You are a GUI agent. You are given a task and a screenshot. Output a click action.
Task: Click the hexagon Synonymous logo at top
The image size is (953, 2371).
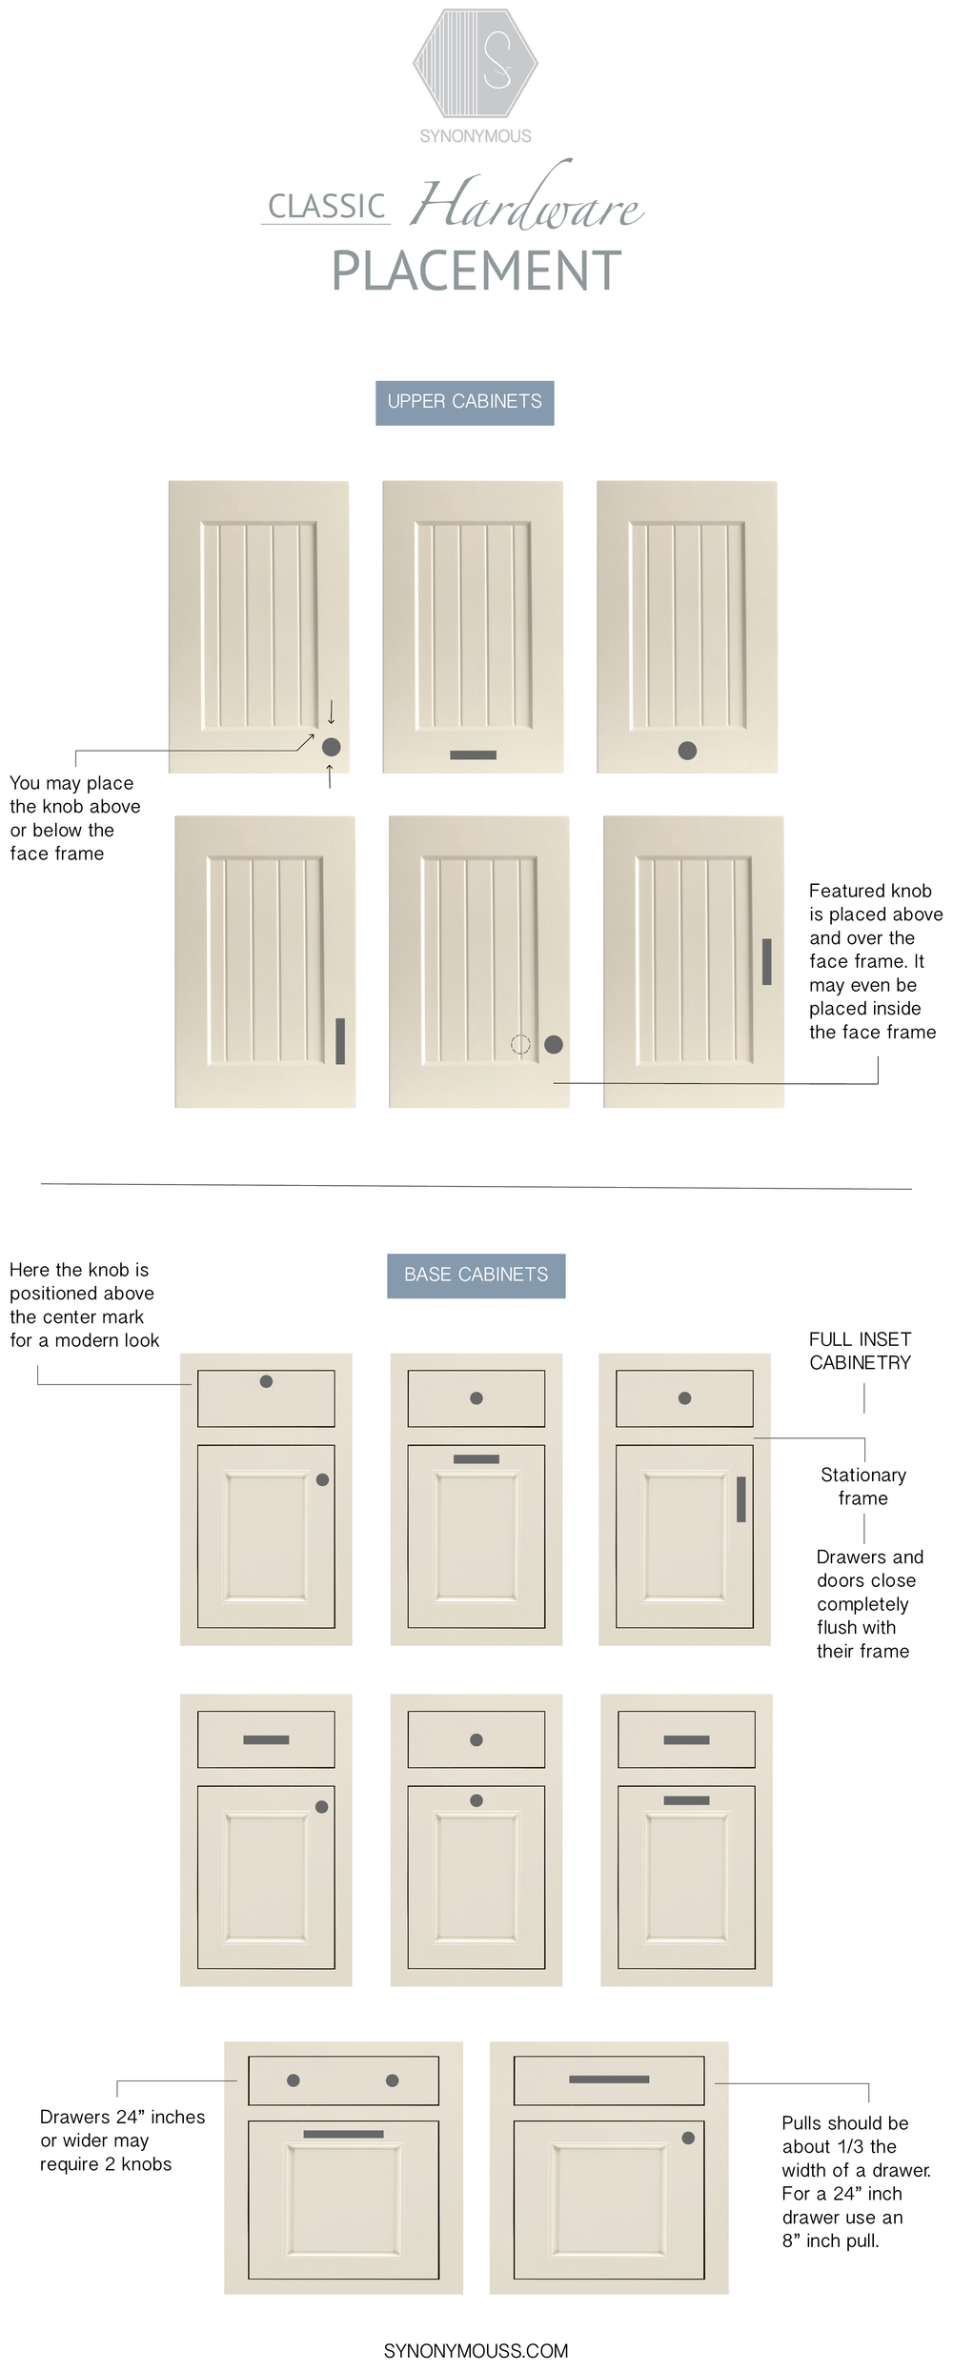[x=476, y=63]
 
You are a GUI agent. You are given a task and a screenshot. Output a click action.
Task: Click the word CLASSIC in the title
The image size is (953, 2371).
[x=327, y=207]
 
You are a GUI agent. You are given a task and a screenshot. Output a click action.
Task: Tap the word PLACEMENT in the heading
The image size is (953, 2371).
[x=476, y=271]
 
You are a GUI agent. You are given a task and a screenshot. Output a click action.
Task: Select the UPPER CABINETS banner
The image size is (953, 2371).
[x=464, y=402]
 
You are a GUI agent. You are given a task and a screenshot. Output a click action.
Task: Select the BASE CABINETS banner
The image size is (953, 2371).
[x=476, y=1275]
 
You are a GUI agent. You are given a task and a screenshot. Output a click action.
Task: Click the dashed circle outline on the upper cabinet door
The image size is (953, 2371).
[x=520, y=1044]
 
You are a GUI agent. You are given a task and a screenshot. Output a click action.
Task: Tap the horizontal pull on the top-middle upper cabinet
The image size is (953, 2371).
[x=473, y=754]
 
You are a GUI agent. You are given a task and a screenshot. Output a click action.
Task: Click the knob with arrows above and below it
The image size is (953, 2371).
[x=331, y=747]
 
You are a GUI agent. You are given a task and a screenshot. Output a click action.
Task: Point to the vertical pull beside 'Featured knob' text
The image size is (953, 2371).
[x=766, y=961]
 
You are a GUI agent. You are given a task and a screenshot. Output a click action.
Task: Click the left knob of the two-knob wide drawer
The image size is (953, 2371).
[x=294, y=2080]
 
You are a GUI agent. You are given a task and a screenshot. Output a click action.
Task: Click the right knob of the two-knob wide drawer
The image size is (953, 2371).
[x=392, y=2080]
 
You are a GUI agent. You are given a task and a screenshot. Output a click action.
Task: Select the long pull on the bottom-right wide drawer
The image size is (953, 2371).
[x=609, y=2079]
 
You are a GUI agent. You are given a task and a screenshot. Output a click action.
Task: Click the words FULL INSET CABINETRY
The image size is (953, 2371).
[x=860, y=1351]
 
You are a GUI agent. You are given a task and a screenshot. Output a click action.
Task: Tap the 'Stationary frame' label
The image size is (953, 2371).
[x=862, y=1486]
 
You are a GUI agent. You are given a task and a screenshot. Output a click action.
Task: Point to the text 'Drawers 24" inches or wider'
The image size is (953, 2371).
[x=121, y=2140]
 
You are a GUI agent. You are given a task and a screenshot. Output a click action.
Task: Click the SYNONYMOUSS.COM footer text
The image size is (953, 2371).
[x=476, y=2351]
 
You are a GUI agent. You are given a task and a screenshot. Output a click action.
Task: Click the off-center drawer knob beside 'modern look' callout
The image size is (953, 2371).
[x=266, y=1381]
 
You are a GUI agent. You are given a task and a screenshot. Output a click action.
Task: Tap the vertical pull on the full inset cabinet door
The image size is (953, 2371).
[x=740, y=1498]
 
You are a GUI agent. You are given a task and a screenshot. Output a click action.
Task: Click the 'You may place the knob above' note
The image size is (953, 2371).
[x=74, y=818]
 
